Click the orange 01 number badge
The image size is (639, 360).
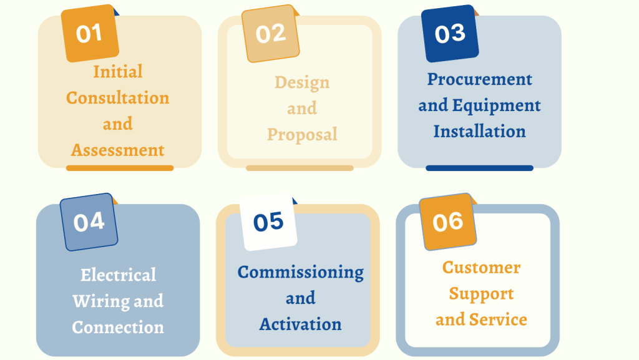point(90,34)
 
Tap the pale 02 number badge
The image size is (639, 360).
point(271,34)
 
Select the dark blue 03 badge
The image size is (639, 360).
point(450,34)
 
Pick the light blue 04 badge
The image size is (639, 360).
point(89,222)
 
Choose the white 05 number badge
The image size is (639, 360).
point(268,222)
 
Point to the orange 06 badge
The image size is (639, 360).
point(448,222)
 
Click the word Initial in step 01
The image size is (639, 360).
point(118,72)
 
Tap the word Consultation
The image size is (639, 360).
point(118,98)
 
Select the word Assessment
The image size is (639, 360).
point(118,150)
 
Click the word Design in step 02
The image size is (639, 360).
point(302,83)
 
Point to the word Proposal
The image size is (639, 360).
point(302,135)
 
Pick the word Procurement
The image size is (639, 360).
point(480,79)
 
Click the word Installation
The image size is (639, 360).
point(480,131)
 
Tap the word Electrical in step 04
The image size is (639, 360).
point(118,275)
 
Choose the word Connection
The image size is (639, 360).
point(118,327)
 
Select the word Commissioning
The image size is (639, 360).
point(301,273)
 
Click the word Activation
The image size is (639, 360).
point(301,324)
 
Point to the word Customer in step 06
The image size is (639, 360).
point(481,268)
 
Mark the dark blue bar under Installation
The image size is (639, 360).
point(480,168)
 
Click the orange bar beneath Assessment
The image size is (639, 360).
point(120,168)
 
